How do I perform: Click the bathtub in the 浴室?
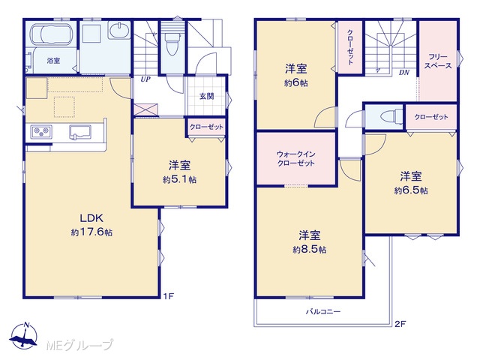(52, 34)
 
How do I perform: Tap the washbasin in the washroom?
(120, 30)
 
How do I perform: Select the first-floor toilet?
(172, 40)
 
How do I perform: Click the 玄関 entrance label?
(207, 97)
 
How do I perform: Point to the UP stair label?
(145, 79)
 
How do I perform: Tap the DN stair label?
(404, 73)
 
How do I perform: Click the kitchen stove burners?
(41, 132)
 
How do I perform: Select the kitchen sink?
(80, 132)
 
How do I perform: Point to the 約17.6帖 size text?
(91, 232)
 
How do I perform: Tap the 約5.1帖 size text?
(179, 179)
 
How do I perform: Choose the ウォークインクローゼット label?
(295, 158)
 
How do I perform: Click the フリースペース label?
(437, 61)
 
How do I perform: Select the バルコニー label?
(323, 312)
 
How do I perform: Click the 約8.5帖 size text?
(310, 250)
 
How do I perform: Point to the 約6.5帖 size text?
(411, 190)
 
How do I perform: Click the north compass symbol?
(24, 335)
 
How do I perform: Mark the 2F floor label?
(400, 324)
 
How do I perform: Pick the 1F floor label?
(168, 296)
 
